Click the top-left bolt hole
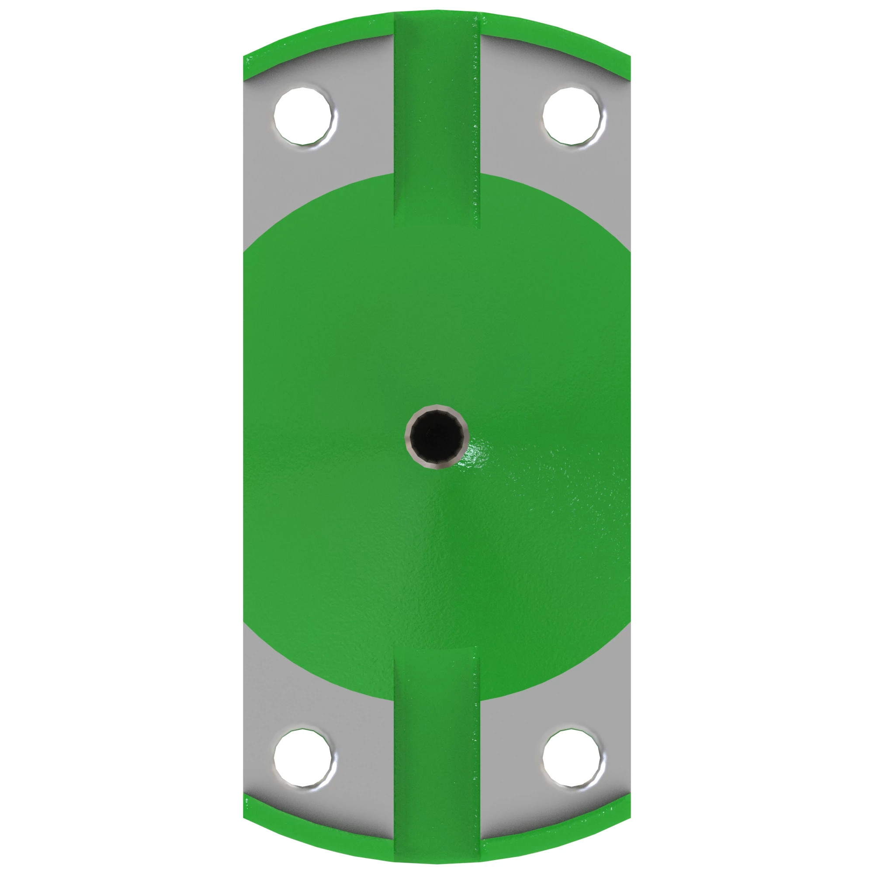coord(305,116)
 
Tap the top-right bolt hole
coord(574,116)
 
